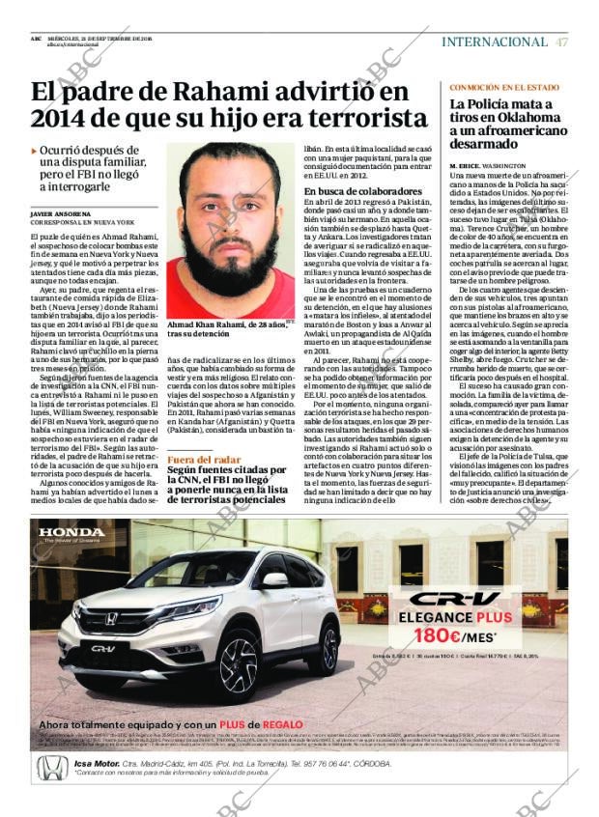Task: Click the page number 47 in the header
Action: (562, 42)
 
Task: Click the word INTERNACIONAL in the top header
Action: (494, 42)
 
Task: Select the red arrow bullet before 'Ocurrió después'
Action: (35, 152)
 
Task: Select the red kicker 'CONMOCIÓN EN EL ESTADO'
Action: (503, 88)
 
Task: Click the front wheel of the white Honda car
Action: (238, 666)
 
